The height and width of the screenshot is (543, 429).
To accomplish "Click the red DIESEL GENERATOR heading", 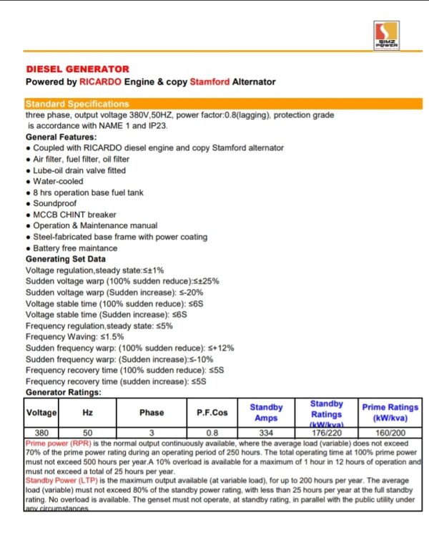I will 77,69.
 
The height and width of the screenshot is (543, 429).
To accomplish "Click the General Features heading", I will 61,137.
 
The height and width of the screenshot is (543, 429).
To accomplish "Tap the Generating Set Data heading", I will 66,259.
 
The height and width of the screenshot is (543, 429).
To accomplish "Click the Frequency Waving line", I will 74,336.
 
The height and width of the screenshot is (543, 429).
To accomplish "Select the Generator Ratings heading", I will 63,392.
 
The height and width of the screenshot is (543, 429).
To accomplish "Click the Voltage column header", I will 41,413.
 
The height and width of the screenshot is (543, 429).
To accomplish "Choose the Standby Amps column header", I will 266,413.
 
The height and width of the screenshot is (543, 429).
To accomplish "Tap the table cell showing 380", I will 41,433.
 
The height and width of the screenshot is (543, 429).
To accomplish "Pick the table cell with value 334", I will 266,433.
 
